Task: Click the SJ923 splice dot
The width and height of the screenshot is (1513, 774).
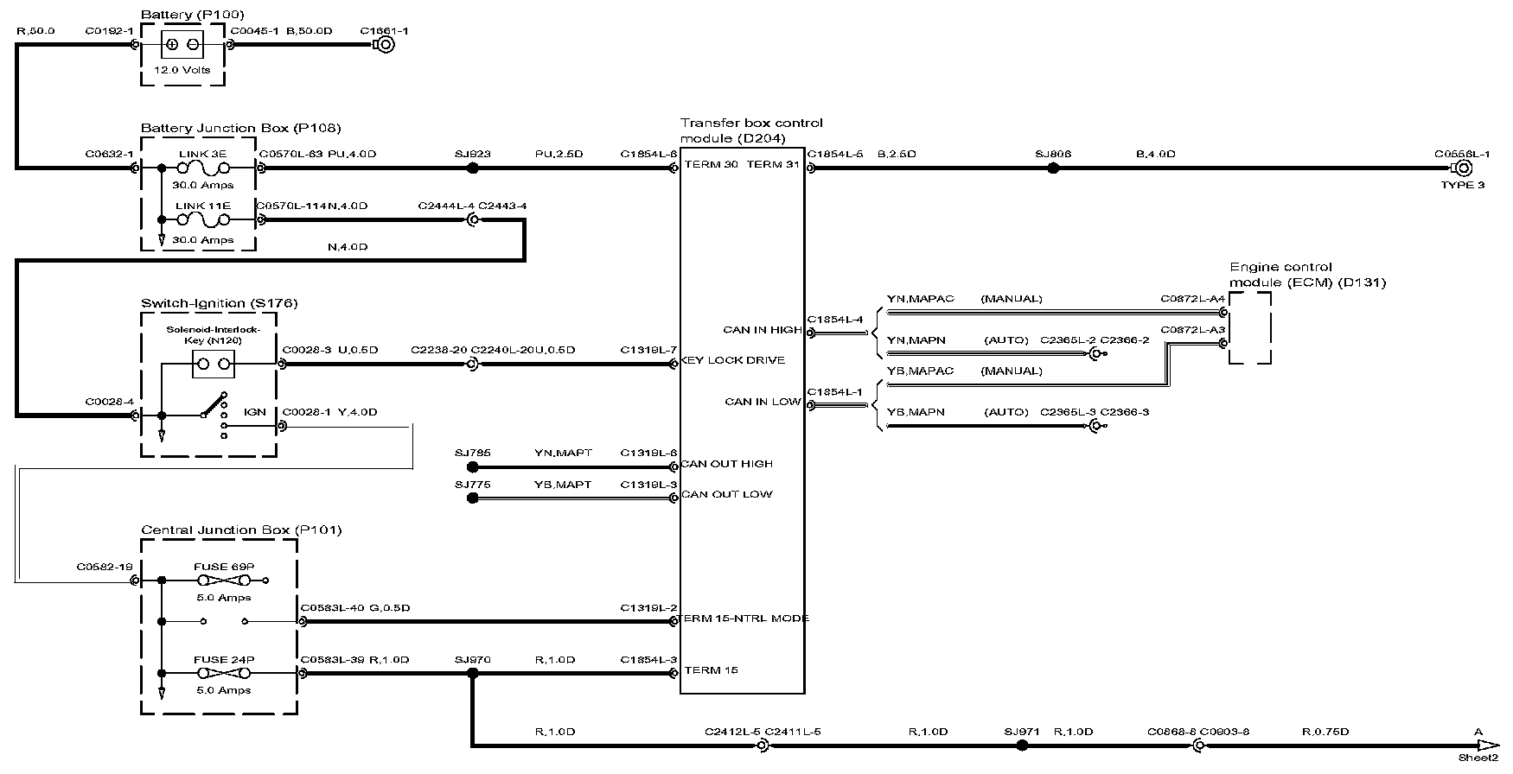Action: pos(472,168)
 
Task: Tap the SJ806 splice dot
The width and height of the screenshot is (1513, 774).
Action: pos(1052,168)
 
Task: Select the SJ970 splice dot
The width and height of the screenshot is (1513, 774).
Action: pos(472,673)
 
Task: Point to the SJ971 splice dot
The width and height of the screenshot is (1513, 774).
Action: pos(1022,745)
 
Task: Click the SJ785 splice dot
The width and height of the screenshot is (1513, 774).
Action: pos(472,467)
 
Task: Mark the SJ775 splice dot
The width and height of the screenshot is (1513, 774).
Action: pos(472,498)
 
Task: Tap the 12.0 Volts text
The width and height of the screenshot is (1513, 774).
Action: pos(182,70)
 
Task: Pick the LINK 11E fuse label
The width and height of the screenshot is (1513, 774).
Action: pos(202,206)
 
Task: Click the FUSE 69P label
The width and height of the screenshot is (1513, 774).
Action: pos(223,567)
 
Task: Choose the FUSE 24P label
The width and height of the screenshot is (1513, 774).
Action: pos(223,659)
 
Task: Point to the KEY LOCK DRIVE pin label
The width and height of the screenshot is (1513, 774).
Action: pos(732,360)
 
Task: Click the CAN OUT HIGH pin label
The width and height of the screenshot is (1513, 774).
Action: pos(726,464)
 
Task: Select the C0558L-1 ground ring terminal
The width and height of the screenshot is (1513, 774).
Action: pos(1463,168)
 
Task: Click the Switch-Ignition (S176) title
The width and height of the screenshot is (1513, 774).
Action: pos(219,303)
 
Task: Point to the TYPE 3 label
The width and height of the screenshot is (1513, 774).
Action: pos(1462,185)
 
